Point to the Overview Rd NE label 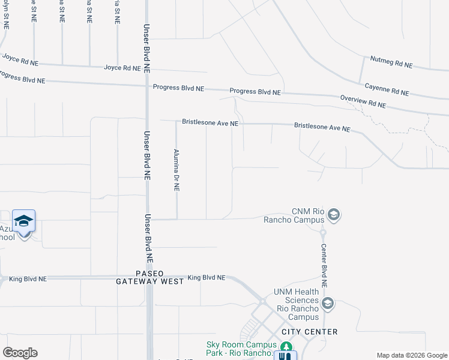point(363,101)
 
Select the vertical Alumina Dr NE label point(176,170)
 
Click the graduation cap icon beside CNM point(334,214)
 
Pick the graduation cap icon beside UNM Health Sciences point(328,304)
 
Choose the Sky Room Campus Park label point(241,348)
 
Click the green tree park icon point(288,347)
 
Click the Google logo point(20,353)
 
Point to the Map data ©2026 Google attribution point(412,355)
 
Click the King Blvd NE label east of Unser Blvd point(206,278)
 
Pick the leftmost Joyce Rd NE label point(20,61)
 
